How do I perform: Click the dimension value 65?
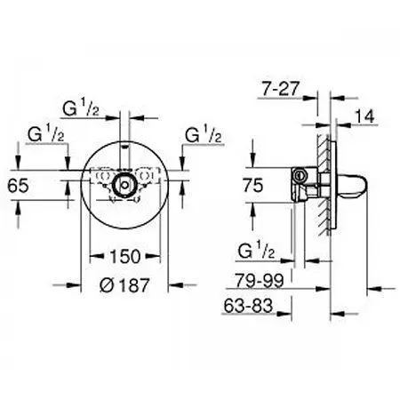18,186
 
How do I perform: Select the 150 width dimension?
124,256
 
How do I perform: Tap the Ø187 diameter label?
124,285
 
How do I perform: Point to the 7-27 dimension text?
280,88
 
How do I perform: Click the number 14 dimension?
364,116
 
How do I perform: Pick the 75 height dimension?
252,186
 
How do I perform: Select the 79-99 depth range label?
260,280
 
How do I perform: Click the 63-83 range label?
248,306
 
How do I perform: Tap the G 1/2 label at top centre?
81,108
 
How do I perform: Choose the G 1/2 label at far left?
46,134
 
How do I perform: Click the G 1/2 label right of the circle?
204,134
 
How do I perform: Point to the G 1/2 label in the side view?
256,251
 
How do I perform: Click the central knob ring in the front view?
124,185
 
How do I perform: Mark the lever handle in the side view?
350,185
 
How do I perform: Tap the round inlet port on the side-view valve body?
299,175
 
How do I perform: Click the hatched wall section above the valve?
324,151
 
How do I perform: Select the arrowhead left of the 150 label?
97,256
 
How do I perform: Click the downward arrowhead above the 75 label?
252,161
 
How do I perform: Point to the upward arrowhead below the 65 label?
19,207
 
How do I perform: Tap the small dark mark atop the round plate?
125,146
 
